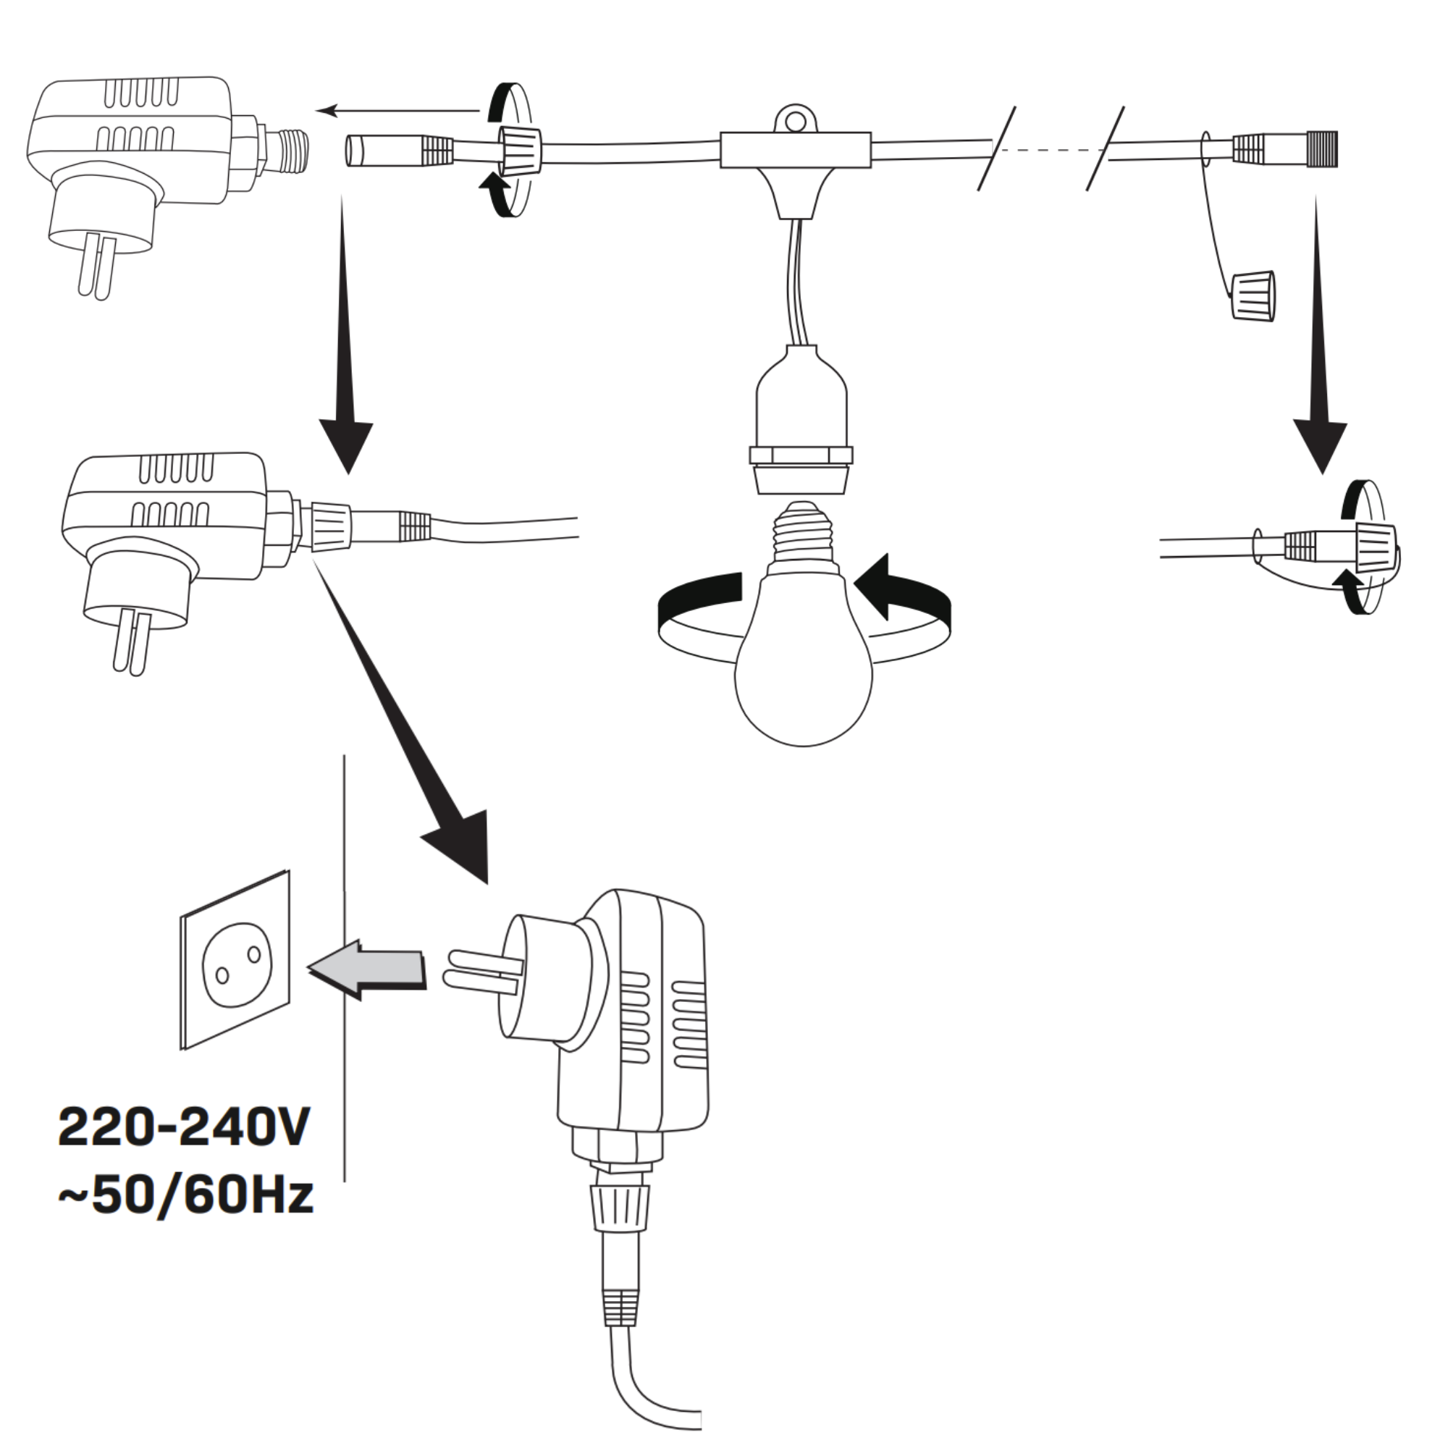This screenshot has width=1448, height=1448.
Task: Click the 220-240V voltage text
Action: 184,1148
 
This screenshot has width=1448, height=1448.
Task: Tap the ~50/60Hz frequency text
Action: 185,1216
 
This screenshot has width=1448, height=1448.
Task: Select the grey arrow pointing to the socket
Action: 367,969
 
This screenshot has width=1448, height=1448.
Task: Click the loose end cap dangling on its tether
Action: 1254,295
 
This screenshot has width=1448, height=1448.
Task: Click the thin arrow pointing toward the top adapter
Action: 397,111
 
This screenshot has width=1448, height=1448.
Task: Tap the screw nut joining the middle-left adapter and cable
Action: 329,526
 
